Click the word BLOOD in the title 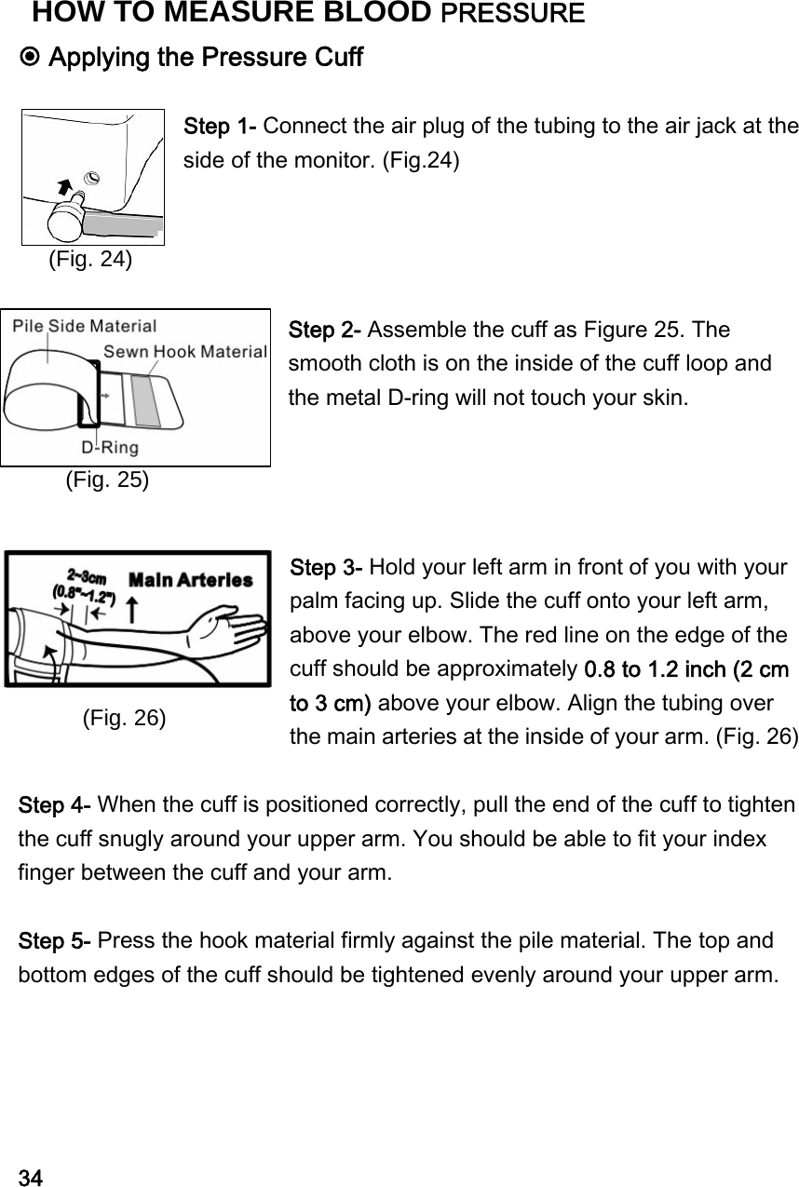[x=374, y=13]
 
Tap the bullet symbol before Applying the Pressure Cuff [x=31, y=58]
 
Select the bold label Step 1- [x=223, y=126]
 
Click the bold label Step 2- [x=327, y=330]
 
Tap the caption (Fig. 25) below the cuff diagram [x=106, y=479]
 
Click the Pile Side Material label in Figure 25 [x=86, y=327]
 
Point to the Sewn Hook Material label [x=184, y=352]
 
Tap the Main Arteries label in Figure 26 [x=190, y=580]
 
